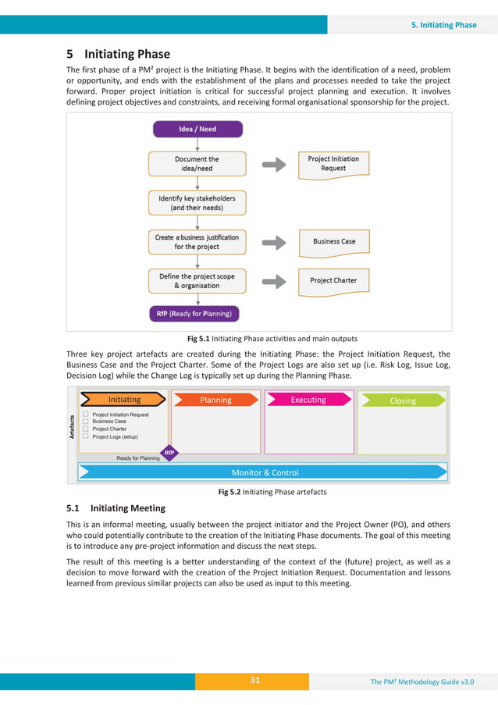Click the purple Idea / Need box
click(197, 130)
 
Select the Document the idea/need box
click(197, 164)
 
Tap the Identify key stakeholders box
click(197, 203)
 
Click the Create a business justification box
click(197, 241)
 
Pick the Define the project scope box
click(197, 281)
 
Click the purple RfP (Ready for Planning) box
click(195, 314)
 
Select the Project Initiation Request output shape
click(333, 164)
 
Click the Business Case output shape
click(333, 242)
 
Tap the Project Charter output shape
click(333, 280)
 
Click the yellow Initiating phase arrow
click(124, 400)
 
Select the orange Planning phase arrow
click(216, 400)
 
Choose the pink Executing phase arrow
click(308, 400)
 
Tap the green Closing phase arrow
click(403, 401)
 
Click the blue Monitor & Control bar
click(264, 472)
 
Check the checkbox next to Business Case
click(86, 422)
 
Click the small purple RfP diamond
click(169, 452)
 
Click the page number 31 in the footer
click(254, 681)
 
